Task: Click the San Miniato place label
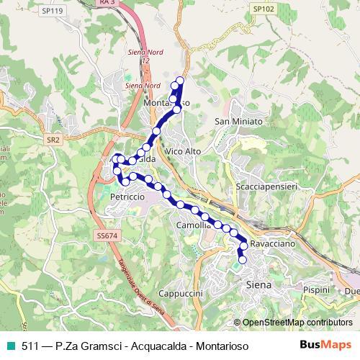(x=239, y=121)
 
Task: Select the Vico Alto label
(x=183, y=153)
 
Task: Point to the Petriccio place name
(x=128, y=196)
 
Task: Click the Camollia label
(x=193, y=225)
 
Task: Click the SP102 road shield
(x=263, y=9)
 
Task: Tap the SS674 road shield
(x=105, y=235)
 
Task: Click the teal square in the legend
(x=9, y=346)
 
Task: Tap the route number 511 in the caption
(x=30, y=346)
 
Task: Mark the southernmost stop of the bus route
(x=243, y=260)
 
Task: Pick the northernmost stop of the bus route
(x=180, y=80)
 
